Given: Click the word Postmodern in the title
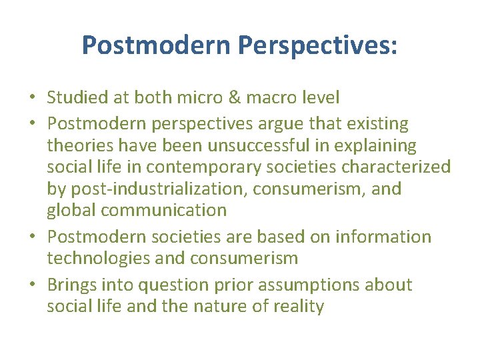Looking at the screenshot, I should point(155,45).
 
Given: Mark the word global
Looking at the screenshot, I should point(67,210).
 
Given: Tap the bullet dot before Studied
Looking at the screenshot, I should point(32,99).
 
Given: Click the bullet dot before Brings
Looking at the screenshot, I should point(32,285).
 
